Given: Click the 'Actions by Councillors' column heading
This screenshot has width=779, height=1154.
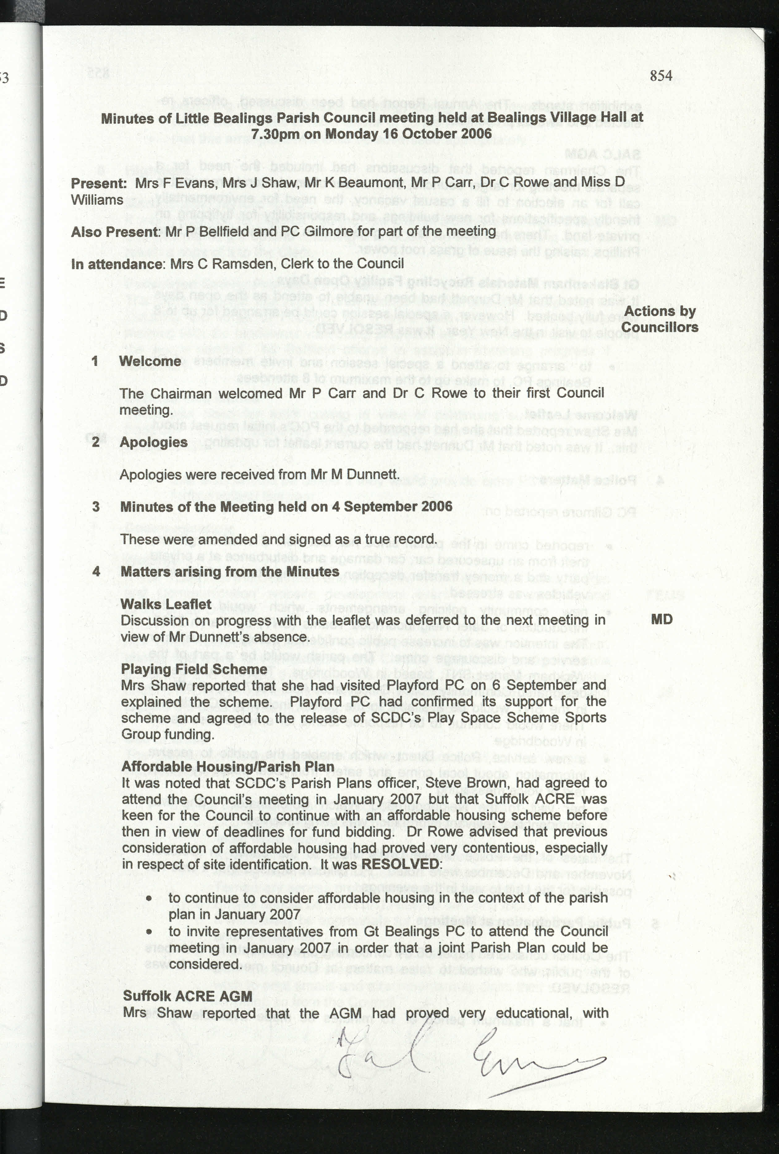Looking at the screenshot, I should coord(660,319).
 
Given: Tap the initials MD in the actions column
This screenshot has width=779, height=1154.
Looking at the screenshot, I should coord(661,619).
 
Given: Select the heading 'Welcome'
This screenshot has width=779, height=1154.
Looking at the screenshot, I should coord(150,361).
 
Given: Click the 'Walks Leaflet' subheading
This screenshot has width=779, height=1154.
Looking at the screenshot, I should coord(166,604).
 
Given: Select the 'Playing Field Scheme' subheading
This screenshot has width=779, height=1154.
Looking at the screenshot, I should coord(194,669).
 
